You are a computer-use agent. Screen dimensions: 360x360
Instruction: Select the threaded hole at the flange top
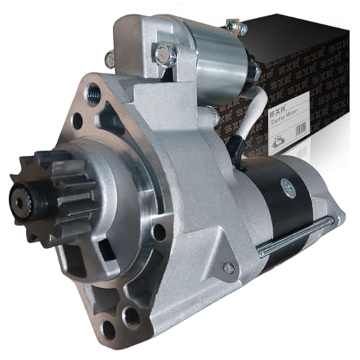coord(94,92)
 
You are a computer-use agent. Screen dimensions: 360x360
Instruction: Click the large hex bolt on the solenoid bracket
coord(164,52)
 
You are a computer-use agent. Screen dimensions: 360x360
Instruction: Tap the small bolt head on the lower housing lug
coord(228,268)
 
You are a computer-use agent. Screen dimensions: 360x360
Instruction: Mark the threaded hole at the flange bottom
coord(132,316)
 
